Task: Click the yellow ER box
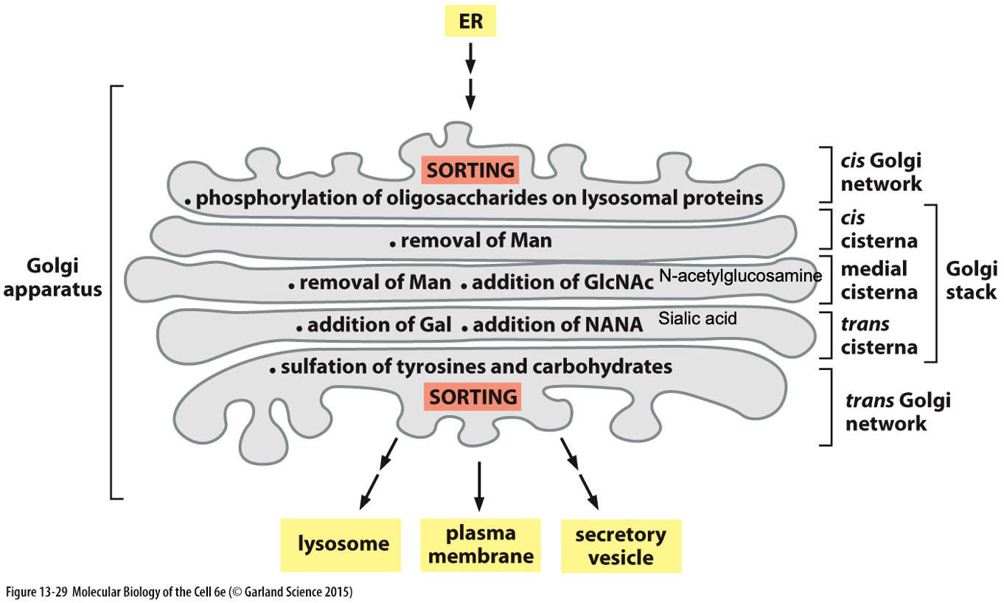tap(471, 21)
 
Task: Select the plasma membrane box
tap(481, 545)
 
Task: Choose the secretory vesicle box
tap(621, 546)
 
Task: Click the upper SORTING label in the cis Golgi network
tap(470, 170)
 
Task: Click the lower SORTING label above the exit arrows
tap(473, 397)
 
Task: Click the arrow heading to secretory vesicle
tap(579, 472)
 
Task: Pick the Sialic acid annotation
tap(697, 319)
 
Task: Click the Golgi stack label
tap(971, 280)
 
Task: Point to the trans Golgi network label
tap(897, 412)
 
